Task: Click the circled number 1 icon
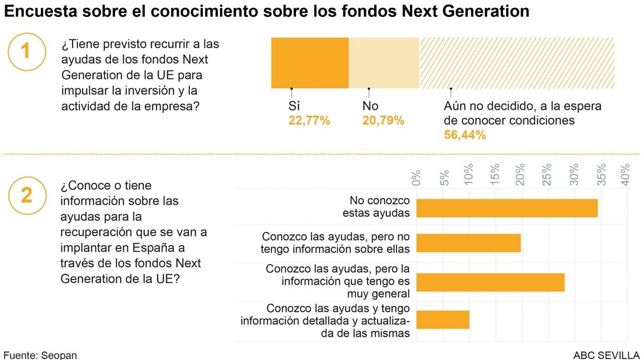[25, 52]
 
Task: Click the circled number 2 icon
[26, 195]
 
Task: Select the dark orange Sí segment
[310, 63]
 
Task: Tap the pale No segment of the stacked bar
[384, 63]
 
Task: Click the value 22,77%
[309, 121]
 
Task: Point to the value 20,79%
[383, 121]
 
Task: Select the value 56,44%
[465, 135]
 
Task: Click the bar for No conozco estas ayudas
[507, 208]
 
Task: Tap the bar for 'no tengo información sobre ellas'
[468, 243]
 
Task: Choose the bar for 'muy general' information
[490, 282]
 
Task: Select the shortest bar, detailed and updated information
[443, 320]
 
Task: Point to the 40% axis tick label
[626, 174]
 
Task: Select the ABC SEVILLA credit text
[606, 355]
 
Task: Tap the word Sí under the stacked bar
[294, 106]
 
